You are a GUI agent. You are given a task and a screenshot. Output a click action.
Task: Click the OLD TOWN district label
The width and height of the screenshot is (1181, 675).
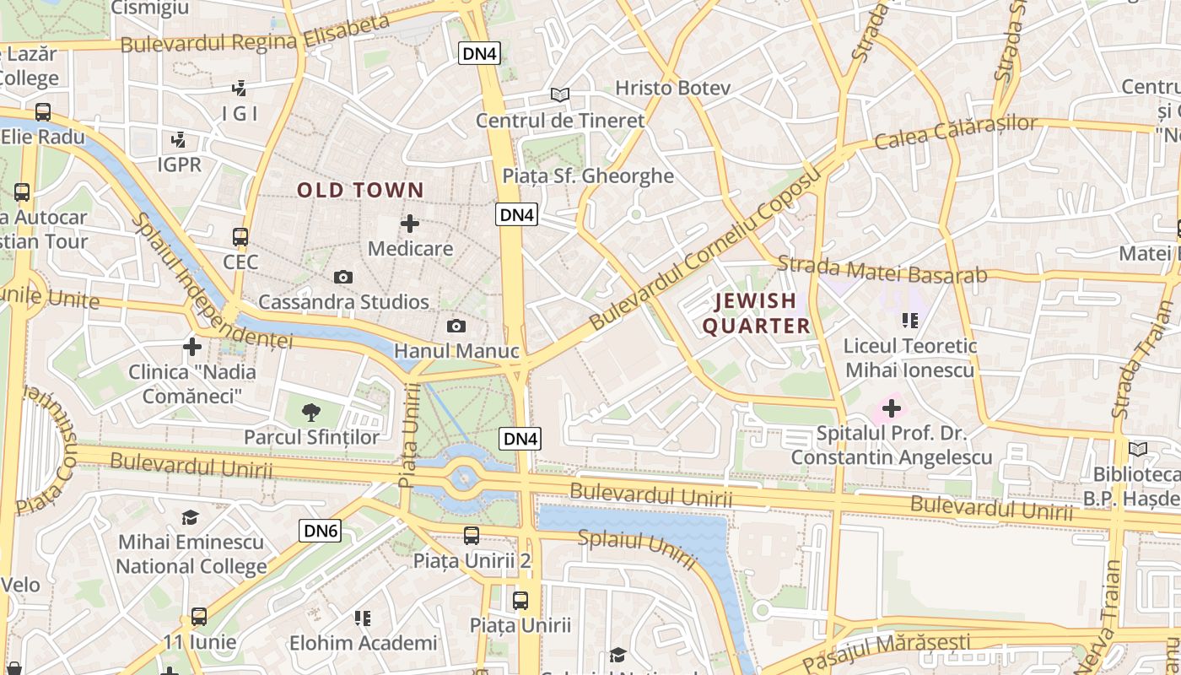pos(360,191)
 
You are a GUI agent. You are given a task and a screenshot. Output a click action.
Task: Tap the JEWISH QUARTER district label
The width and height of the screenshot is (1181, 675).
pos(756,313)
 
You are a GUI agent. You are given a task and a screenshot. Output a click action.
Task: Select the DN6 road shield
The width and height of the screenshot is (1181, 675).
pos(321,531)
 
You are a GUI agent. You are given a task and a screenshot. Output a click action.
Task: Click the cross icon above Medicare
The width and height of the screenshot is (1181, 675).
pos(410,224)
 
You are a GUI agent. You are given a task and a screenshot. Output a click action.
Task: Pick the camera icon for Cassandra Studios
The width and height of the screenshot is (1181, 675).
pos(342,277)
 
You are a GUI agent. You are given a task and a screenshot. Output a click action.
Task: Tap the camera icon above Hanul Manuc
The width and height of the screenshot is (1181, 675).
pos(456,326)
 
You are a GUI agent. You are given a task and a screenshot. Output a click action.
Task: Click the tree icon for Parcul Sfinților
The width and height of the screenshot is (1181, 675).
pos(311,412)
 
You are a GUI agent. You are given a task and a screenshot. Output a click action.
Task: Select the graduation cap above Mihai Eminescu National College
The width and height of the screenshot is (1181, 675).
pos(191,517)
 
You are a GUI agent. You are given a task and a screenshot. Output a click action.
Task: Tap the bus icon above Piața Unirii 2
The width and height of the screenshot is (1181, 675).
pos(472,535)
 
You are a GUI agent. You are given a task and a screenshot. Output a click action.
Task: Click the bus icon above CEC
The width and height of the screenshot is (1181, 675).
pos(240,237)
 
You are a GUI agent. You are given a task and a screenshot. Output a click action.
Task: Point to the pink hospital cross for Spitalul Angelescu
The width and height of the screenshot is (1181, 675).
pos(891,409)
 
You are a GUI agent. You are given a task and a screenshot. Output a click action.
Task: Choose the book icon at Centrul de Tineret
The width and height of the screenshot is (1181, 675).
pos(559,94)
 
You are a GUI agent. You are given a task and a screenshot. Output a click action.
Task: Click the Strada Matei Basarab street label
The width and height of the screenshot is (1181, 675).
pos(882,269)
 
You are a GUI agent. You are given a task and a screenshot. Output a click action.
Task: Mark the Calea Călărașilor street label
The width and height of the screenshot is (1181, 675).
pos(956,132)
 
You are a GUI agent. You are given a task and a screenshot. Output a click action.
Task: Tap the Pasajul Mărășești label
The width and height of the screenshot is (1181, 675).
pos(886,651)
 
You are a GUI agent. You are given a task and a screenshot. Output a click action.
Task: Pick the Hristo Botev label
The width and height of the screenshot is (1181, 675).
pos(672,88)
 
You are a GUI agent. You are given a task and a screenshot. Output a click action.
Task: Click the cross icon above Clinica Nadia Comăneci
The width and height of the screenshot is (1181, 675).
pos(192,347)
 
